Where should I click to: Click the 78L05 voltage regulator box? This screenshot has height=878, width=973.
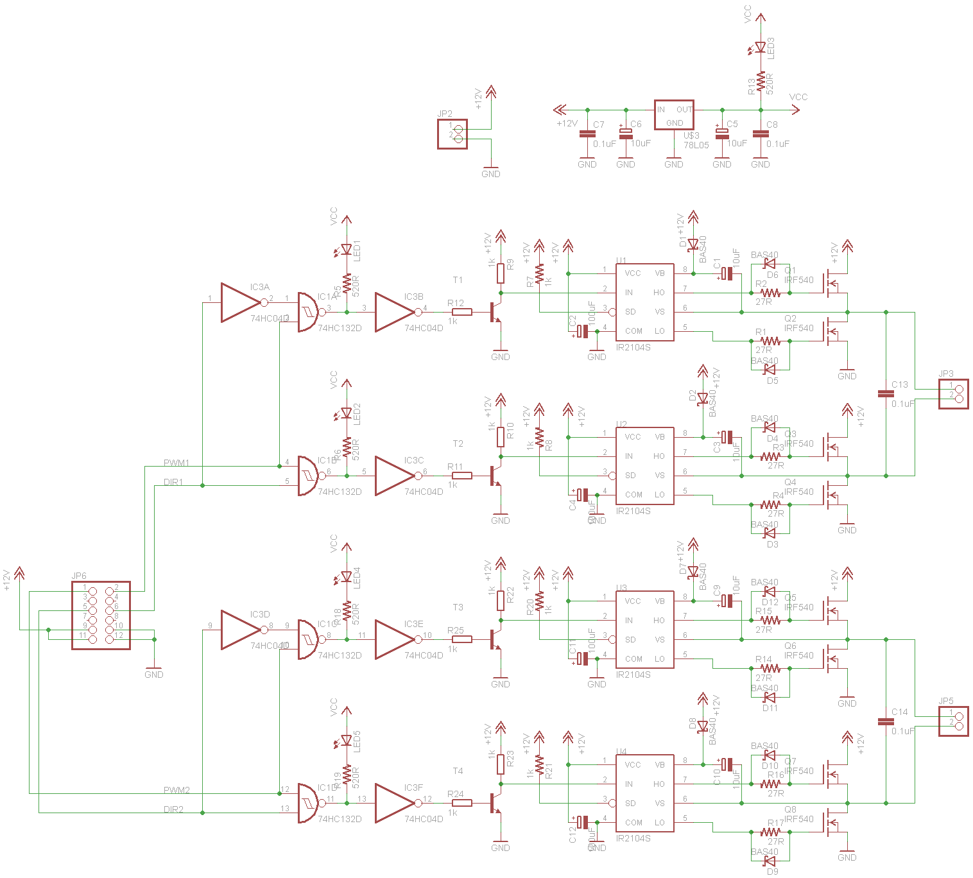click(x=674, y=115)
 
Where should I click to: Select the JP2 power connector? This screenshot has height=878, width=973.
click(x=452, y=134)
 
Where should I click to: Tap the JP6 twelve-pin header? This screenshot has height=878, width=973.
click(x=101, y=615)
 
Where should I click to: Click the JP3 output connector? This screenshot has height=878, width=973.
click(x=954, y=393)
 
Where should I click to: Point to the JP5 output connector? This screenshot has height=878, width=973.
click(x=954, y=721)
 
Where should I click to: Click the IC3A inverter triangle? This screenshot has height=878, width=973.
click(x=239, y=302)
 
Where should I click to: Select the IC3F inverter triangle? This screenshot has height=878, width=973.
click(x=393, y=803)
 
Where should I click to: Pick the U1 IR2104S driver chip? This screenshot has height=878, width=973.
click(x=645, y=302)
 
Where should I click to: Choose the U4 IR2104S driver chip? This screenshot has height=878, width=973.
click(x=645, y=793)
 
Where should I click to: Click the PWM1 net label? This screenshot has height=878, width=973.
click(x=177, y=463)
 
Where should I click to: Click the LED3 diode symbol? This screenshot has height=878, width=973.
click(x=761, y=47)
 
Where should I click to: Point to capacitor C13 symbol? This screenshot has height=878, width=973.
click(x=886, y=393)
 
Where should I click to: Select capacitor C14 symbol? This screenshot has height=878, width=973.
click(x=886, y=721)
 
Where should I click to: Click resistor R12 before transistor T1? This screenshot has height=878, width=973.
click(x=462, y=312)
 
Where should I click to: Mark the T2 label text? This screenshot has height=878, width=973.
click(x=458, y=443)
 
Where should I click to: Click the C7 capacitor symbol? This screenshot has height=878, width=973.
click(x=587, y=134)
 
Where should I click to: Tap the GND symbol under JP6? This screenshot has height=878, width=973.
click(x=154, y=668)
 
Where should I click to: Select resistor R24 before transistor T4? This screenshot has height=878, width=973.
click(x=462, y=803)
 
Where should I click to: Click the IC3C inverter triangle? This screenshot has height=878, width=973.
click(x=393, y=476)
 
